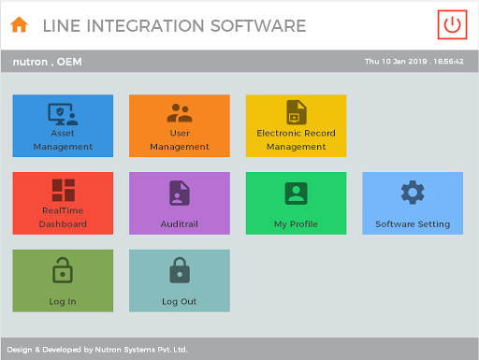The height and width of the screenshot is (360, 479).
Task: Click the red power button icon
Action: click(453, 25)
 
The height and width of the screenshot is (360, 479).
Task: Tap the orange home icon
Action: click(19, 25)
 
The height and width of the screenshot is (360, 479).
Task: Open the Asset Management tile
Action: click(63, 125)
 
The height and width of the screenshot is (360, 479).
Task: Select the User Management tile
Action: click(179, 125)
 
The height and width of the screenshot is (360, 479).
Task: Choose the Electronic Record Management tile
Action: click(296, 125)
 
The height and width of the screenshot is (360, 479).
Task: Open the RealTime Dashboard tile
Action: click(63, 203)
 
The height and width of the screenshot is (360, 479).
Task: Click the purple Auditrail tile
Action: click(179, 203)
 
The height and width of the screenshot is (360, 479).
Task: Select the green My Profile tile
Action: click(296, 203)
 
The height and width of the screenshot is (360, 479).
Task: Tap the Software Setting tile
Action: click(412, 203)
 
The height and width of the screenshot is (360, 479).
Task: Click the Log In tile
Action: click(63, 281)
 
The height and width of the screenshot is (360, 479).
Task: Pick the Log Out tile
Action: click(179, 281)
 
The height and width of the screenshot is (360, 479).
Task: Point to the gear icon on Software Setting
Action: click(413, 193)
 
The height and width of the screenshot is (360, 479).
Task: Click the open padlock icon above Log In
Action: click(63, 270)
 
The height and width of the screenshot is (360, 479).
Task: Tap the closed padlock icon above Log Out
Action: click(179, 270)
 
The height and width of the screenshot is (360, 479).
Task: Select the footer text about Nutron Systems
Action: click(97, 350)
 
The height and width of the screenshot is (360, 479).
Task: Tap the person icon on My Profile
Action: click(296, 193)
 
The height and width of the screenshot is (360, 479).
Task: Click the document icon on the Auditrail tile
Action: click(179, 193)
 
